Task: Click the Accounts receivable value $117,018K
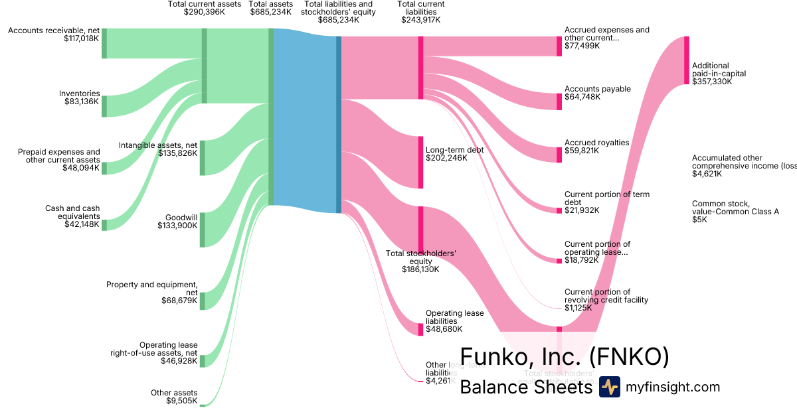[x=81, y=38]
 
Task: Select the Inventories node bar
[x=104, y=106]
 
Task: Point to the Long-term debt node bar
[x=420, y=162]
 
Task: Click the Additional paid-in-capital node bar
[x=687, y=60]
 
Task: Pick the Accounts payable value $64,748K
[x=582, y=97]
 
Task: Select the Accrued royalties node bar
[x=559, y=155]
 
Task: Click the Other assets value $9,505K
[x=182, y=401]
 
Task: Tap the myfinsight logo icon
[x=609, y=387]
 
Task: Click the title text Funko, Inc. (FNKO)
[x=564, y=357]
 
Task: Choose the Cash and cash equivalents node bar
[x=104, y=224]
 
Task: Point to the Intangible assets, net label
[x=158, y=145]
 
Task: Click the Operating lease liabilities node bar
[x=420, y=329]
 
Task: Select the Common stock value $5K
[x=699, y=220]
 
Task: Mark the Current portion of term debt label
[x=597, y=198]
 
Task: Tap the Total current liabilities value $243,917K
[x=420, y=20]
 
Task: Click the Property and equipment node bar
[x=203, y=301]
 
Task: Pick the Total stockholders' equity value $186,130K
[x=420, y=269]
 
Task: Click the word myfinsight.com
[x=673, y=387]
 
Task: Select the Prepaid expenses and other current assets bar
[x=104, y=168]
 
